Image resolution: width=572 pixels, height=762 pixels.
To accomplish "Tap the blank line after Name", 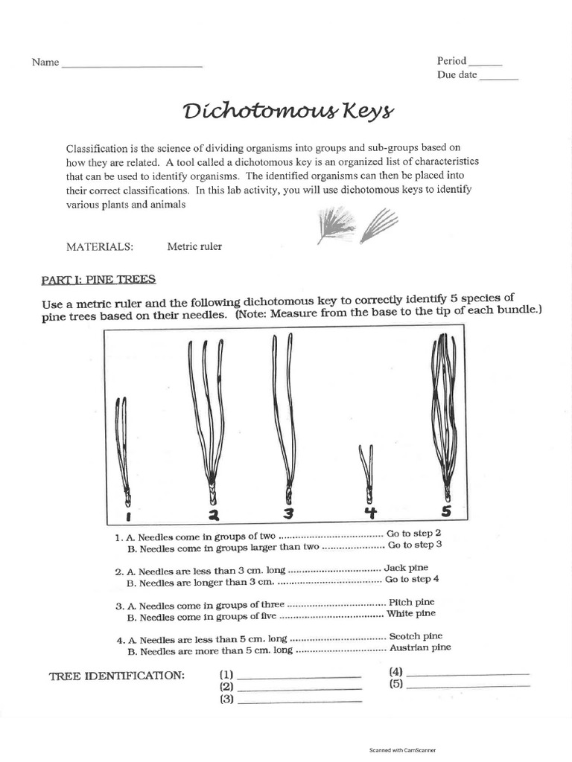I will click(132, 65).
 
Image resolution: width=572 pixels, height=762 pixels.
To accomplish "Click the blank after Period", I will click(486, 63).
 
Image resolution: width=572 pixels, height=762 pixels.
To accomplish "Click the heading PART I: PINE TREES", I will click(98, 279).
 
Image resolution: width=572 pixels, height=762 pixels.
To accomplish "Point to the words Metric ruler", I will click(194, 246).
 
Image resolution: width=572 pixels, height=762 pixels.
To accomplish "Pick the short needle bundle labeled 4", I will click(365, 472).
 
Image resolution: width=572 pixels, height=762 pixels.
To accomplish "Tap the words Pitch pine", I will click(411, 601).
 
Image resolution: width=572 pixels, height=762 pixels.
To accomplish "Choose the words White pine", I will click(410, 614).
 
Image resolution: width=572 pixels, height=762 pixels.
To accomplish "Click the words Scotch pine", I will click(415, 636).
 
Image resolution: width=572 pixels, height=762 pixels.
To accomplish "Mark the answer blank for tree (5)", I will click(468, 684).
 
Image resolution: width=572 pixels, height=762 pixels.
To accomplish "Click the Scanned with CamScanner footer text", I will click(403, 751).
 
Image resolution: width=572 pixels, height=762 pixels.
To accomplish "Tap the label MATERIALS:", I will click(100, 246).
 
